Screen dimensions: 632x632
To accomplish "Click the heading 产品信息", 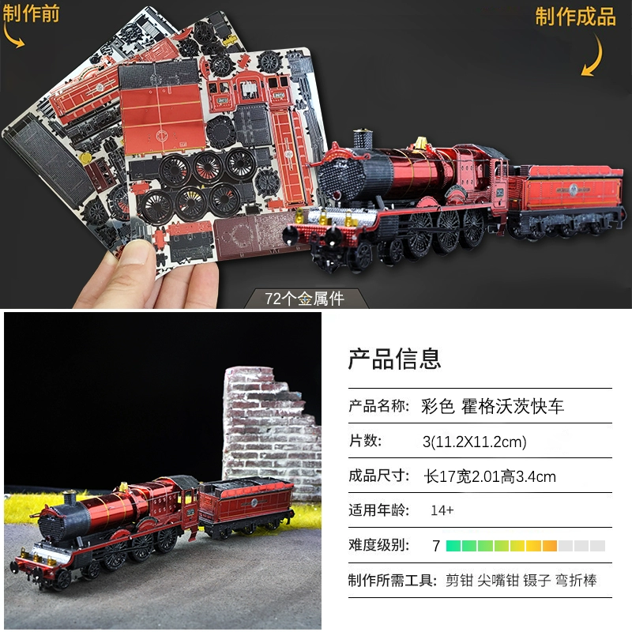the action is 394,359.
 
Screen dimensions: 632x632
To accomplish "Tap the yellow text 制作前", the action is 31,13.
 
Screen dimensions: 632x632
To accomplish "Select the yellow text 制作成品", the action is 575,17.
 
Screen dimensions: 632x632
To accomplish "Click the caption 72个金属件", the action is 304,299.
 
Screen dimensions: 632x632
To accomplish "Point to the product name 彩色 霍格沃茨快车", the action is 492,406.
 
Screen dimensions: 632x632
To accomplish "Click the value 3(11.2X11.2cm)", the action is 475,442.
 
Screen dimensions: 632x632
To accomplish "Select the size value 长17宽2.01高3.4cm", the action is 490,477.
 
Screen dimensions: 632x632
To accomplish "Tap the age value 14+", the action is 442,510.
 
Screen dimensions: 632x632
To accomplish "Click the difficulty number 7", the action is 436,546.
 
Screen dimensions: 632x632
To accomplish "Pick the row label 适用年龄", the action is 379,510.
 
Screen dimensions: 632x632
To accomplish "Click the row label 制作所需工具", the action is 393,581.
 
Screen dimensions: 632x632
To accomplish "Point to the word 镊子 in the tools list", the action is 536,581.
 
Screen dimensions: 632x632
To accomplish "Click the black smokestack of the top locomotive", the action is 363,139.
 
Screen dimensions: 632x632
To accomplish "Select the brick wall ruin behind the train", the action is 272,431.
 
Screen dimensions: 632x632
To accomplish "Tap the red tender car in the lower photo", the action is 247,505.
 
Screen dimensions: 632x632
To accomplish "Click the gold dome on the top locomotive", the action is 421,142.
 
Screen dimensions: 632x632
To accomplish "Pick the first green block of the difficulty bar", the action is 453,546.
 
